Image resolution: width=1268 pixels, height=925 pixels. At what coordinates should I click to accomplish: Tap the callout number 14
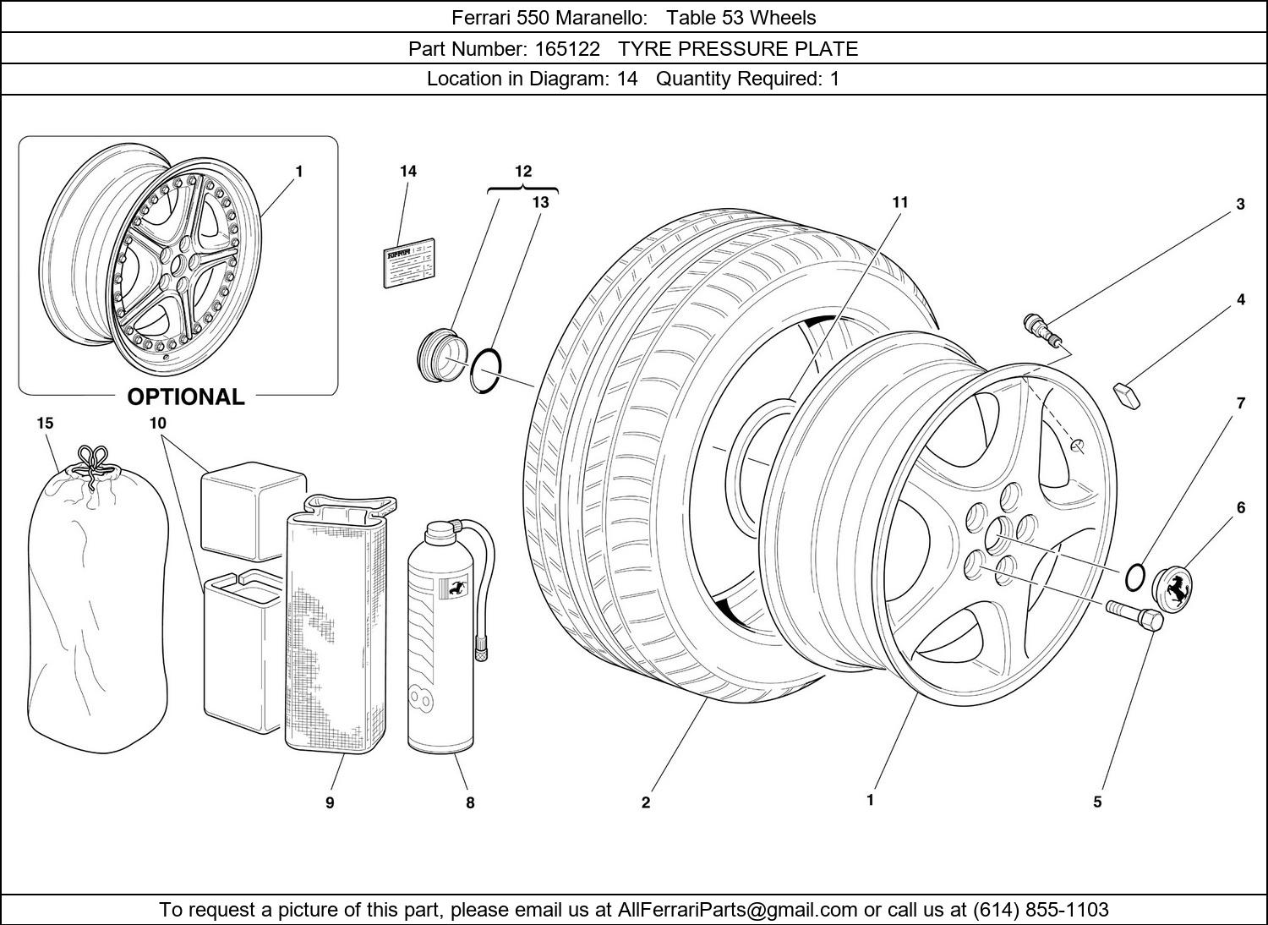pos(408,172)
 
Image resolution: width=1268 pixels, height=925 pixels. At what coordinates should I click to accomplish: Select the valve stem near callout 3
pos(1041,329)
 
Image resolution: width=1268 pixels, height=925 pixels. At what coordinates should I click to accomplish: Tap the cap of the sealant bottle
pos(439,533)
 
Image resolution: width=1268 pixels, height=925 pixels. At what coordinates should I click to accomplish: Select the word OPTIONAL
pos(185,397)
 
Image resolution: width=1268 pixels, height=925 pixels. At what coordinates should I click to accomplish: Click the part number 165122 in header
pos(566,49)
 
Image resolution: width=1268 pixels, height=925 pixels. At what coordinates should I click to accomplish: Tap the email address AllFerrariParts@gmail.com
pos(737,910)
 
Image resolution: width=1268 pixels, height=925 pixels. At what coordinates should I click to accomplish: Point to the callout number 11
pos(899,202)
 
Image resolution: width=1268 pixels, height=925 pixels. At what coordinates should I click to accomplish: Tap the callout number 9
pos(330,802)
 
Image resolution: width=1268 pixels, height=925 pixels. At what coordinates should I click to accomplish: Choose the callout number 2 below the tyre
pos(646,802)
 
